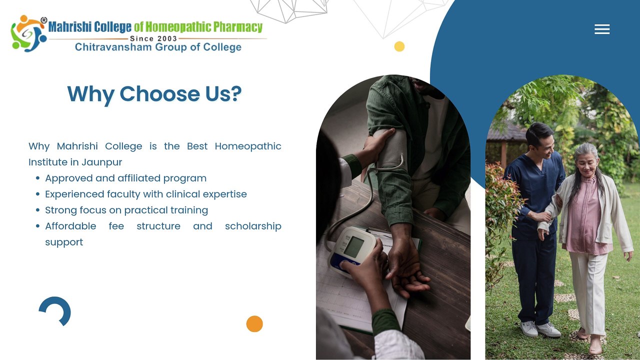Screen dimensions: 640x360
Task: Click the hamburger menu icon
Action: click(602, 29)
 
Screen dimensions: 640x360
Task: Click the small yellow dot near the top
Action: click(399, 46)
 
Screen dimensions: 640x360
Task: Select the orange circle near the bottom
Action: click(254, 323)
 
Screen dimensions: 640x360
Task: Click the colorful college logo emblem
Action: click(28, 33)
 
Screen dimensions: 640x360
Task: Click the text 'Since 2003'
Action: click(153, 38)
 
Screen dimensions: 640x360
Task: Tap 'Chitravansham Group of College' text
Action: click(158, 47)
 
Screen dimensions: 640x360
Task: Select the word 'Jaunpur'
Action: click(101, 162)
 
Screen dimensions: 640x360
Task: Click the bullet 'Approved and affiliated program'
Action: click(125, 178)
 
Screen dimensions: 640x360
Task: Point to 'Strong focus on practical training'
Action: click(126, 210)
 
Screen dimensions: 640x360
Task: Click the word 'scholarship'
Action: click(253, 226)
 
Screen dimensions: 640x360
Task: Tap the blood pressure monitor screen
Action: click(353, 247)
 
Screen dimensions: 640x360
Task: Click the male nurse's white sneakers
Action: click(540, 329)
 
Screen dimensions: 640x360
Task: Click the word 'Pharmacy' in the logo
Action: click(237, 27)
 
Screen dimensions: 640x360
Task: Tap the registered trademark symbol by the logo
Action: click(43, 20)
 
